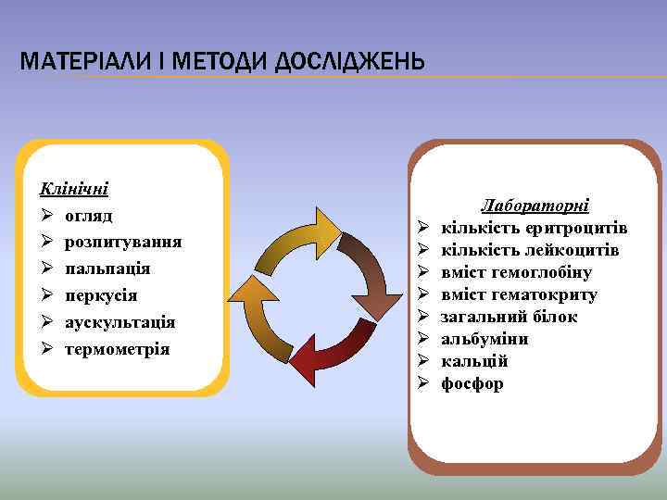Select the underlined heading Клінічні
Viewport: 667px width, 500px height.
click(x=73, y=189)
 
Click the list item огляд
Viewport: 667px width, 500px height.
click(x=89, y=216)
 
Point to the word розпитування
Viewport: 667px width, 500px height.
click(x=123, y=242)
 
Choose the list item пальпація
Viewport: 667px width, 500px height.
click(x=107, y=269)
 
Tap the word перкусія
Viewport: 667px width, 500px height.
click(x=101, y=295)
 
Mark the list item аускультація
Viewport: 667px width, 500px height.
click(x=120, y=322)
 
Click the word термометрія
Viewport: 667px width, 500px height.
click(x=118, y=349)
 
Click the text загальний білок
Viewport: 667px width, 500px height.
click(x=509, y=317)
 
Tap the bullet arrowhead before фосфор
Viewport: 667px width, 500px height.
click(x=422, y=383)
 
